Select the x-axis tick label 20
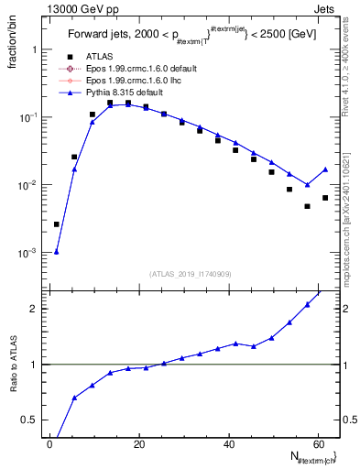click(x=139, y=443)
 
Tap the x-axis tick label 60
click(x=318, y=443)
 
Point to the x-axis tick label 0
click(x=50, y=443)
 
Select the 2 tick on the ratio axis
click(x=37, y=308)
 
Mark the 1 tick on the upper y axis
click(x=37, y=49)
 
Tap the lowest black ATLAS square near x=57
click(x=308, y=206)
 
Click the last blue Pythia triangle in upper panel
click(x=325, y=169)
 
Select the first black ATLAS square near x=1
click(x=57, y=224)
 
